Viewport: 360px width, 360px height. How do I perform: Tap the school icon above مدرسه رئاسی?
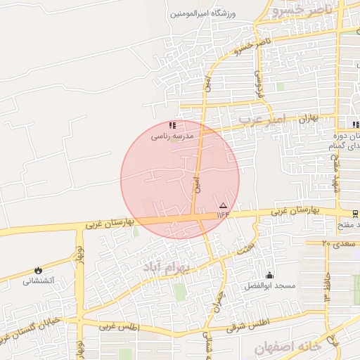172,125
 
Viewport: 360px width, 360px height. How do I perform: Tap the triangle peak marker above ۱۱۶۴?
224,205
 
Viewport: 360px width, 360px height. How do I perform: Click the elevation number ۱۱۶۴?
223,214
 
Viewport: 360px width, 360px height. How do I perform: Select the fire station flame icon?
37,271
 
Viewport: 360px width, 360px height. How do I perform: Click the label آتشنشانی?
38,281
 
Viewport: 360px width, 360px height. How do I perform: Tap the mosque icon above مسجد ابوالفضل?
269,275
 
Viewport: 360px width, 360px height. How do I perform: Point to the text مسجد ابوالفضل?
269,285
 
